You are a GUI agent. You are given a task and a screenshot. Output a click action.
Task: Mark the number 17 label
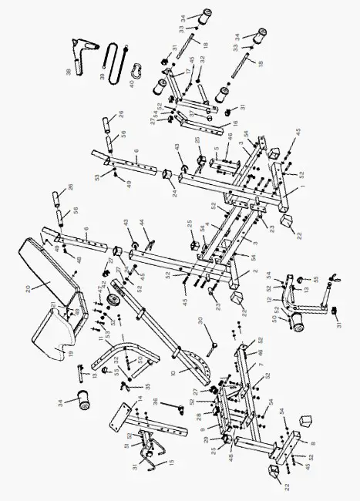coord(187,74)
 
